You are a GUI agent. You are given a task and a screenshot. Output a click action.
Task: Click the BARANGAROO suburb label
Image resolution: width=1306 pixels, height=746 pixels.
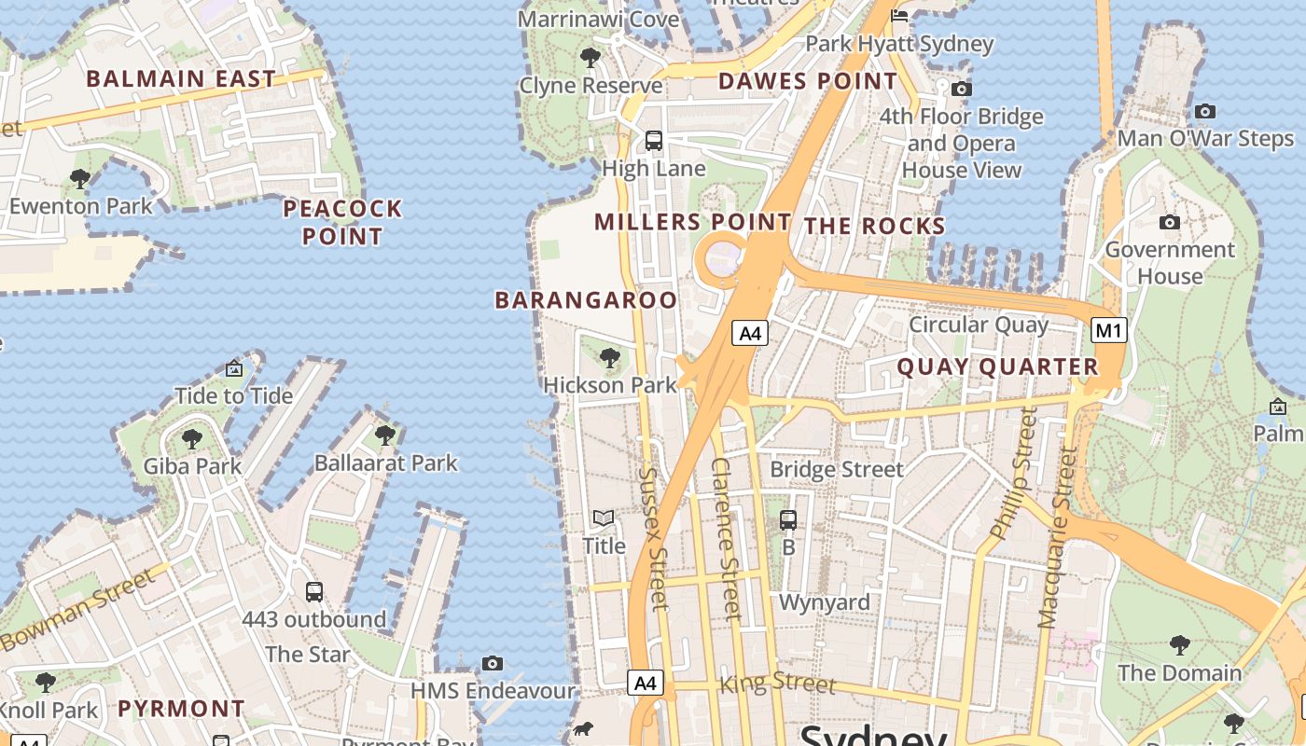tap(586, 299)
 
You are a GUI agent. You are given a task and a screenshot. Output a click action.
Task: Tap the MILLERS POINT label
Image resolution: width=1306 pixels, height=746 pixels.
tap(692, 222)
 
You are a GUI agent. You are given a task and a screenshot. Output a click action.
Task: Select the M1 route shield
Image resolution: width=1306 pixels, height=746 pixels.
tap(1109, 330)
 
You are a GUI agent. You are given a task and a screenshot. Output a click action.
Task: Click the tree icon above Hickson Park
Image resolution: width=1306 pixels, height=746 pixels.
tap(609, 357)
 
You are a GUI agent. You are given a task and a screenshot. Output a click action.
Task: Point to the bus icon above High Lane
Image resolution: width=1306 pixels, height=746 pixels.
tap(654, 141)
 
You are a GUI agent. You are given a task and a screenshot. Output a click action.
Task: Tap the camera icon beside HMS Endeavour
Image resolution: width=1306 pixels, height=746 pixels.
tap(493, 663)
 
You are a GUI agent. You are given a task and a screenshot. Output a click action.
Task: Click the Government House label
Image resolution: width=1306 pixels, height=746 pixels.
tap(1170, 263)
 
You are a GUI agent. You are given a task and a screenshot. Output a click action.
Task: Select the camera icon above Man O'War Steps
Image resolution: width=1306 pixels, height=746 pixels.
tap(1205, 112)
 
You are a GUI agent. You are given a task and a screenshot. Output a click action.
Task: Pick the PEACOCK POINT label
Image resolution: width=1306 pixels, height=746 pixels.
tap(342, 222)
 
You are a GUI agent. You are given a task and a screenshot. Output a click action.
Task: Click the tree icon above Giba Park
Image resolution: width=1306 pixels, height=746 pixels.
tap(192, 438)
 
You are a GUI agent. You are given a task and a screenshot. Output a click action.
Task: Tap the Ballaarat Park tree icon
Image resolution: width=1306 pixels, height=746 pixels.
tap(384, 435)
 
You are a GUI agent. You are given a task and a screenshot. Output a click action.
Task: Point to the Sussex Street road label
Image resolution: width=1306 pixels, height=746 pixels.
tap(653, 538)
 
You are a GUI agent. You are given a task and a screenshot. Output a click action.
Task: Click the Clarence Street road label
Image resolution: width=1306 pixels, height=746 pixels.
tap(725, 538)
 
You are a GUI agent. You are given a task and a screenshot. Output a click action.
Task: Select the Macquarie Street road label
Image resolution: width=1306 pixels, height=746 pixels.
tap(1057, 536)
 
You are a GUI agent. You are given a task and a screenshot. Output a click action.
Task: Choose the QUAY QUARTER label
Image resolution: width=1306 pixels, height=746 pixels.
tap(998, 367)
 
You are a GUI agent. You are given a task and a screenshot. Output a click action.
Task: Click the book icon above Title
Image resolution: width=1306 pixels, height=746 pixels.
tap(604, 518)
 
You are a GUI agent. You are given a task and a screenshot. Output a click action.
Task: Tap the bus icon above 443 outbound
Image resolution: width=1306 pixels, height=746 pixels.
tap(314, 591)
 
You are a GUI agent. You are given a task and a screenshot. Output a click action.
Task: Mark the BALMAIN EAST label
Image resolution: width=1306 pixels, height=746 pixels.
tap(181, 79)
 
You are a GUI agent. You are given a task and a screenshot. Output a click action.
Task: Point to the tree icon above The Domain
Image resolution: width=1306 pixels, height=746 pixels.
tap(1179, 644)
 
